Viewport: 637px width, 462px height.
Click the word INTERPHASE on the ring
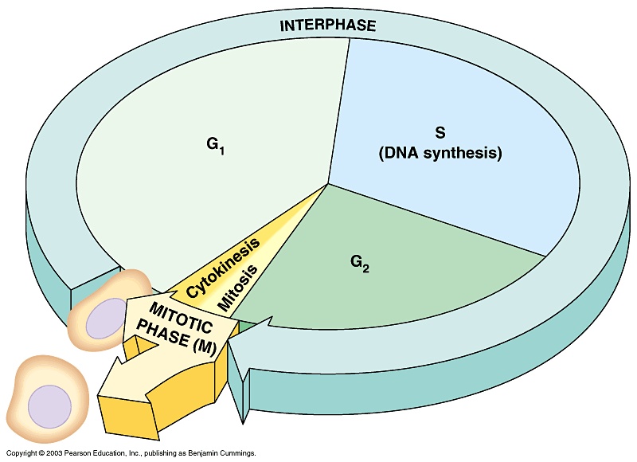327,25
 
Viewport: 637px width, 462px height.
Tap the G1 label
212,146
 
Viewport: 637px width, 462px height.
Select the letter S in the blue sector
439,132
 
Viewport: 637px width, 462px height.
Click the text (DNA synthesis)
440,154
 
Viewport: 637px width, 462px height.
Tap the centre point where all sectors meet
328,185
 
